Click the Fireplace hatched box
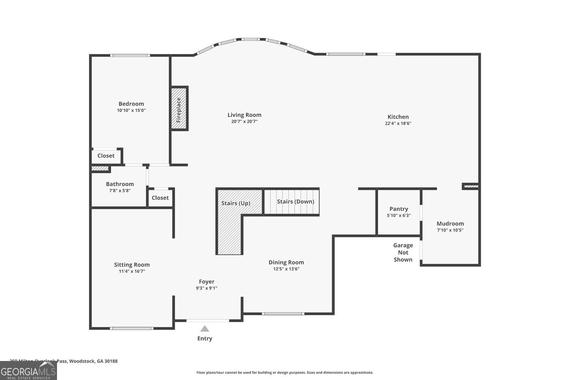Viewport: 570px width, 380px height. [179, 109]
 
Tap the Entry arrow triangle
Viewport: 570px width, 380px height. [205, 329]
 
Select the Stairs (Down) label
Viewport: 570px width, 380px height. [295, 201]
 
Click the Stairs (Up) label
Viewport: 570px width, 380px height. [236, 203]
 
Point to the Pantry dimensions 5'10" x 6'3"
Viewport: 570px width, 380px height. [399, 215]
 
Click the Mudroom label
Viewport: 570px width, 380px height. [450, 223]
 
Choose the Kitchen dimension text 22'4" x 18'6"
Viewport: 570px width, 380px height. [398, 123]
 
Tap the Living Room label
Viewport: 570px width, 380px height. [244, 115]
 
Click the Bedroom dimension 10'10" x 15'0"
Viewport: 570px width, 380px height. [131, 110]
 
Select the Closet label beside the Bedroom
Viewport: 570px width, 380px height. [106, 156]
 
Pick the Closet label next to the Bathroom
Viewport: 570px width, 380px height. [160, 198]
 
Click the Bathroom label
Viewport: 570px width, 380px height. [120, 184]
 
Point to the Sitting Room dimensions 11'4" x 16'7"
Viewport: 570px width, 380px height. [131, 271]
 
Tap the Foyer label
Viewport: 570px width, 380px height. [206, 282]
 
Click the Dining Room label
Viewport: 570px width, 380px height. [286, 262]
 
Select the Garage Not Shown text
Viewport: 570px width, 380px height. [403, 252]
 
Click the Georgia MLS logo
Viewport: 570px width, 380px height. [28, 370]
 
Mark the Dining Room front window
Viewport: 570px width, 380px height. [283, 313]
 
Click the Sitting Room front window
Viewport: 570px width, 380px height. [131, 328]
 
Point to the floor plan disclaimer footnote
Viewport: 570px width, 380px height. [285, 372]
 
